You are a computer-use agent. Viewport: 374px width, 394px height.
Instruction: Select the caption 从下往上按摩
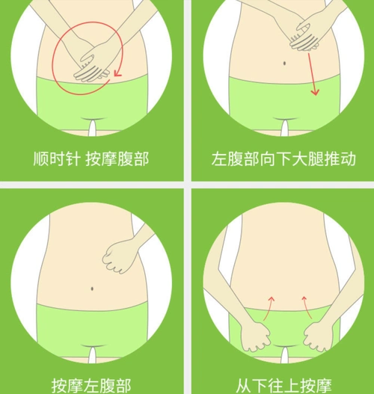283,384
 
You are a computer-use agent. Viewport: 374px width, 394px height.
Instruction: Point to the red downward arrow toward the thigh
313,79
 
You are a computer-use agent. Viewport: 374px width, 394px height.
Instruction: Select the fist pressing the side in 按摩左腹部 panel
118,257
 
